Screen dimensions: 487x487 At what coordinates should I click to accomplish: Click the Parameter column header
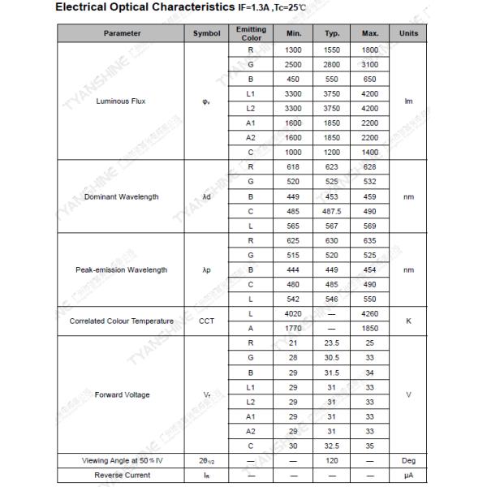122,33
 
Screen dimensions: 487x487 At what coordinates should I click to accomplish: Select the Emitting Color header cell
251,33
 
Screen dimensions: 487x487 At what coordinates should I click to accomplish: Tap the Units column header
408,33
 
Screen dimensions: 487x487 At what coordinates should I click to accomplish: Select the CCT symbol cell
207,321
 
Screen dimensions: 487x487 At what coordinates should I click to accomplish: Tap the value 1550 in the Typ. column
332,50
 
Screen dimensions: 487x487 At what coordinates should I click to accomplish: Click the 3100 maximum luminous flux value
370,64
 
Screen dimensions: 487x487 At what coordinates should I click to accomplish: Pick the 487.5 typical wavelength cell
332,211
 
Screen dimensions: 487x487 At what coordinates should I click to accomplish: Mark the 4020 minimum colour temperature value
293,313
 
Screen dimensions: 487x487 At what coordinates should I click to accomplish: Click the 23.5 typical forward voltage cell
332,343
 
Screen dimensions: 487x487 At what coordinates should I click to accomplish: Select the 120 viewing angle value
332,460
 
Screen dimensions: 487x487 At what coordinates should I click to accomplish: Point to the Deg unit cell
408,460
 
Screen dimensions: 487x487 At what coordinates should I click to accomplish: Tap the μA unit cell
408,475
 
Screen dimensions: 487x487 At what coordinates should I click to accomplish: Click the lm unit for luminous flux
408,101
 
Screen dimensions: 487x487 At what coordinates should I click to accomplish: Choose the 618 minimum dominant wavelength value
293,167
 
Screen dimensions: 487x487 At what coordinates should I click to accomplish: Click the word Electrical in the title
84,8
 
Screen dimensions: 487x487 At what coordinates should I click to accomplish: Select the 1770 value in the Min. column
293,328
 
